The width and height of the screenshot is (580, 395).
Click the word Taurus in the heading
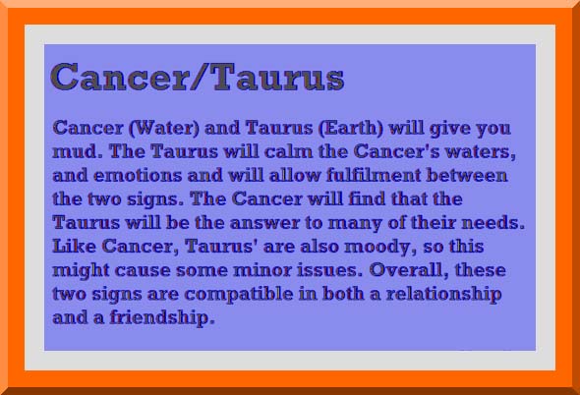point(279,78)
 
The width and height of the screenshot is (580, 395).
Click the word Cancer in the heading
point(120,78)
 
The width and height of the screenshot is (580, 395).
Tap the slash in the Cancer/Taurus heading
point(201,78)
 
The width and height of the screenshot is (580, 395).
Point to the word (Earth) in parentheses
point(351,128)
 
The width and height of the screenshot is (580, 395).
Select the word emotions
point(138,175)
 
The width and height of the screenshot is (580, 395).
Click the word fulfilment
point(374,175)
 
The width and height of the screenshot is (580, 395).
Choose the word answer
point(264,223)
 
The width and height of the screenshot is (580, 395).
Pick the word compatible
point(239,295)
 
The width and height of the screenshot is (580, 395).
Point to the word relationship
point(444,295)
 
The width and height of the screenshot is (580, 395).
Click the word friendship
point(162,318)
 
